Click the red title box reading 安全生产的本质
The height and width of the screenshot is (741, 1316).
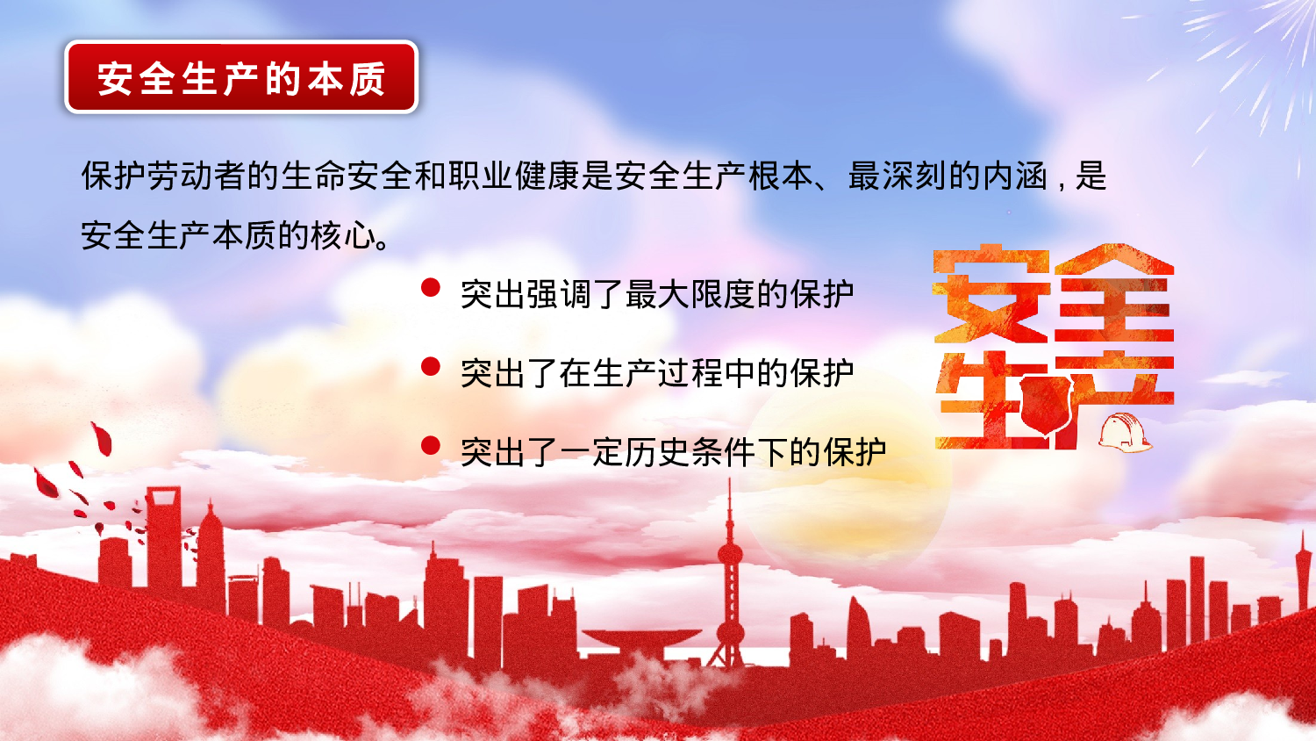(x=241, y=77)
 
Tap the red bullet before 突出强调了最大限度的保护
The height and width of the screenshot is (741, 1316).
(x=430, y=288)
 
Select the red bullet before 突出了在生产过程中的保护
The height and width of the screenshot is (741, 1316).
(x=430, y=367)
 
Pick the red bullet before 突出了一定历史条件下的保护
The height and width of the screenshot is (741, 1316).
(x=430, y=446)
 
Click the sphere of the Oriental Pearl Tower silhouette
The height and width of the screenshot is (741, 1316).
(x=730, y=554)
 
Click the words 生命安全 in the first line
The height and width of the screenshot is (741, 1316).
(x=347, y=176)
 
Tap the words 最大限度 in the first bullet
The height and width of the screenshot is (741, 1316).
(x=690, y=295)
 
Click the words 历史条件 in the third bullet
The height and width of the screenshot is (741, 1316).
(x=690, y=453)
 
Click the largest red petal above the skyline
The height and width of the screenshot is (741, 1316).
(x=102, y=438)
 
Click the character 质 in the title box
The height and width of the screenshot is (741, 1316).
(x=368, y=79)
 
